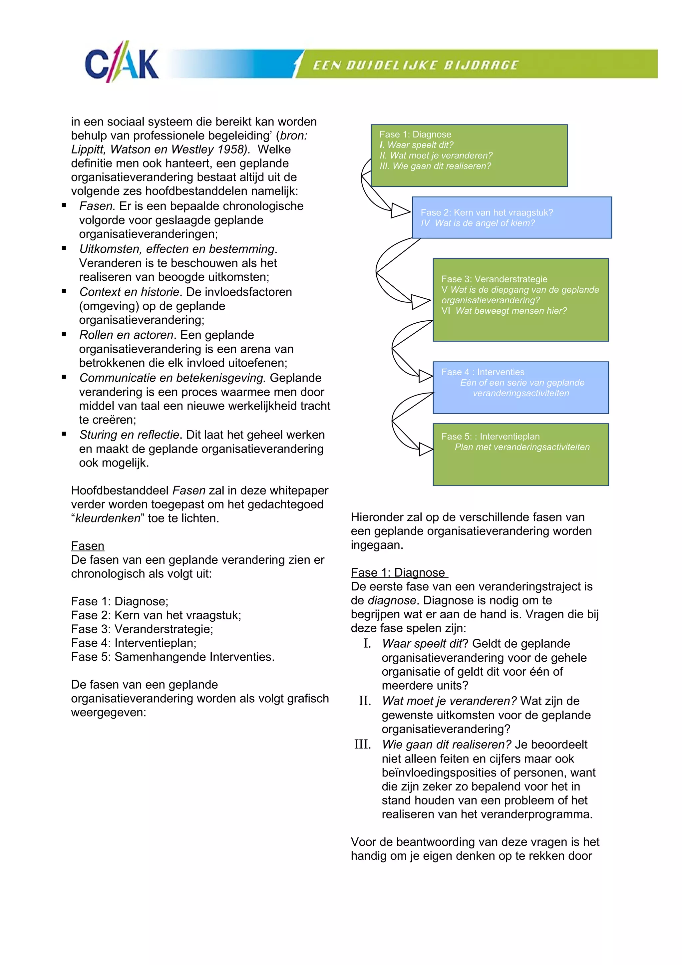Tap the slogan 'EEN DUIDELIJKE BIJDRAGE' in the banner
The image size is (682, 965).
pos(416,65)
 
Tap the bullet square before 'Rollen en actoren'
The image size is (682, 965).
pos(64,335)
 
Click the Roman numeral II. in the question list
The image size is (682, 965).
pos(365,701)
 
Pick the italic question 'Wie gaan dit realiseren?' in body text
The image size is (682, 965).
pos(446,744)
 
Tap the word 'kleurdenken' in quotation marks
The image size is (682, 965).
pos(108,518)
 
